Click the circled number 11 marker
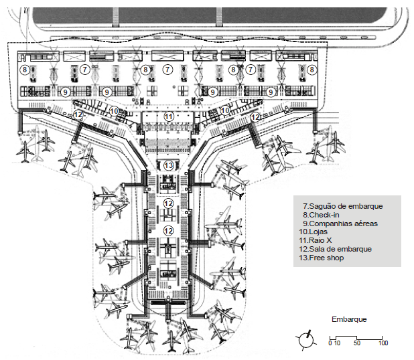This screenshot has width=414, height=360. (169, 116)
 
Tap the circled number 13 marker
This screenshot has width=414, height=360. (168, 165)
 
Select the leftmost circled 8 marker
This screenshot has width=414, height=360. (25, 70)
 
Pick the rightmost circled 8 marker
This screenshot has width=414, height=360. (312, 70)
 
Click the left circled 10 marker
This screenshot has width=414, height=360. (114, 111)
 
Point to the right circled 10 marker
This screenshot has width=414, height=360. (225, 110)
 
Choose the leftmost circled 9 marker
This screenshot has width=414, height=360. (65, 92)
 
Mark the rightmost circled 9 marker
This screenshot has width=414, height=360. (270, 92)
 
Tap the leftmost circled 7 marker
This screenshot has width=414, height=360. (85, 70)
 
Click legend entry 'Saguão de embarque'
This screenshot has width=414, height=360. (343, 206)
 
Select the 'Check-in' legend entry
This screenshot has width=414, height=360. (321, 215)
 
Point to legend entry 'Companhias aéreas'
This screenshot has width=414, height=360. (340, 223)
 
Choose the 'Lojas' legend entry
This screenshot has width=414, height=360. (313, 232)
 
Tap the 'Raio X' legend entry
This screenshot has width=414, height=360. (316, 240)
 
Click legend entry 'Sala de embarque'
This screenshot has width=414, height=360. (336, 249)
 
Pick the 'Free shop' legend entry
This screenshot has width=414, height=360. (322, 258)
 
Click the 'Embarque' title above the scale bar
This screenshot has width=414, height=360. (349, 319)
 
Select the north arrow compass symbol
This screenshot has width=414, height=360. (306, 340)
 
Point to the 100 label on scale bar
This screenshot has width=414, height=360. (383, 343)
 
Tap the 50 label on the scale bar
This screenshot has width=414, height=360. (356, 343)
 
